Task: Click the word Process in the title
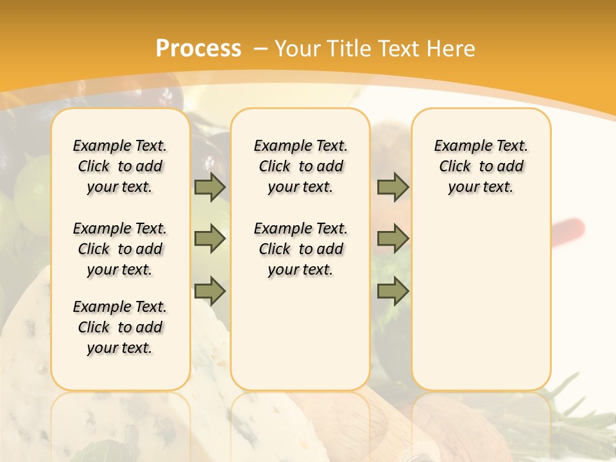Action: pos(198,49)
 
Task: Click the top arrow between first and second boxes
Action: pos(210,187)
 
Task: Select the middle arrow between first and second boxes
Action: pos(210,239)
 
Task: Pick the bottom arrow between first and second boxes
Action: pos(210,291)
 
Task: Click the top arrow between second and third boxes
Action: pos(393,187)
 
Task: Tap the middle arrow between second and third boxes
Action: pos(393,239)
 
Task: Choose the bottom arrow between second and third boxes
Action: pos(393,291)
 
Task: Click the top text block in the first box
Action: pos(120,166)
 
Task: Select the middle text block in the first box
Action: pos(120,249)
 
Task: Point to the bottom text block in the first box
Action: pos(120,327)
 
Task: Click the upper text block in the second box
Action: pos(300,166)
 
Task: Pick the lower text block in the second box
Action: pos(300,249)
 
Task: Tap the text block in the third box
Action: pos(481,166)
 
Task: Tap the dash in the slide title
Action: pos(261,49)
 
